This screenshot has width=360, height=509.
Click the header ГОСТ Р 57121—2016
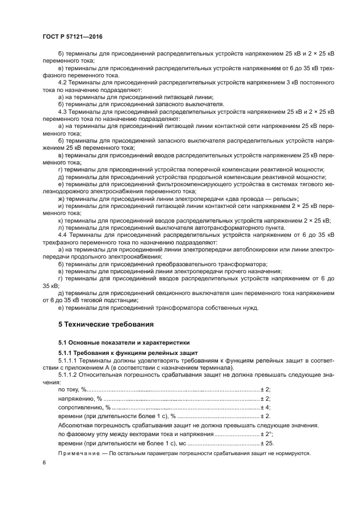pyautogui.click(x=72, y=36)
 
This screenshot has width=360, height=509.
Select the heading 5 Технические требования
pyautogui.click(x=106, y=324)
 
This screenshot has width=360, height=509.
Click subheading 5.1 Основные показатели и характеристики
pyautogui.click(x=124, y=343)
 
